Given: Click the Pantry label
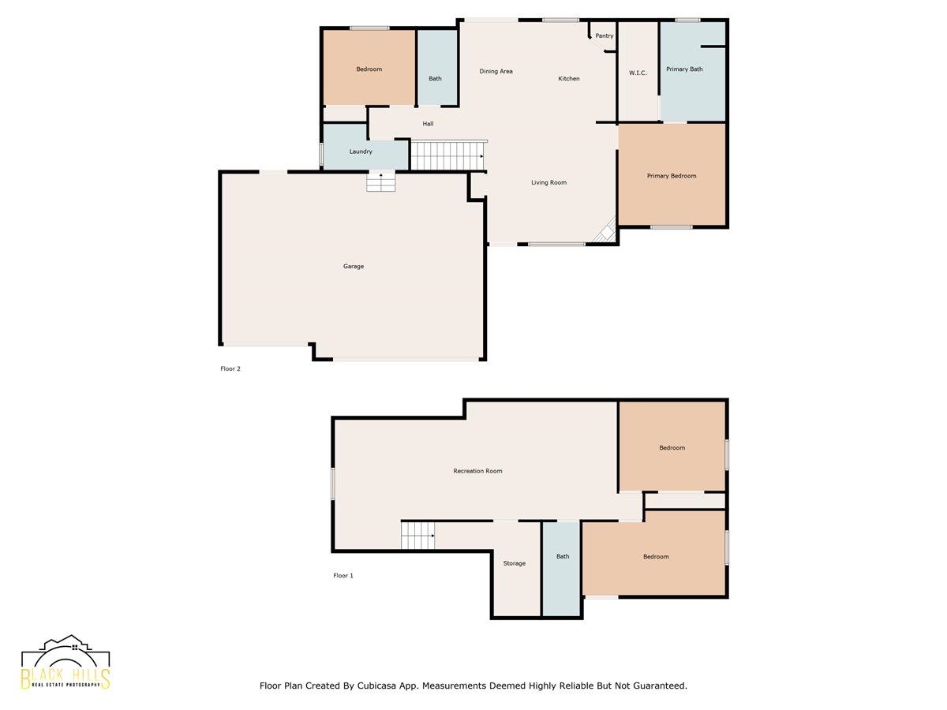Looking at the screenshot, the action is pyautogui.click(x=604, y=35).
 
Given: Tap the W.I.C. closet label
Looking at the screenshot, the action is pyautogui.click(x=638, y=73).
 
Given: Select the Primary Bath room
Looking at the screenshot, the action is pyautogui.click(x=692, y=72).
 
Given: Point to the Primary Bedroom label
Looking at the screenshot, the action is pyautogui.click(x=672, y=176).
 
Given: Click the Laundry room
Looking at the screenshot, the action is pyautogui.click(x=365, y=148).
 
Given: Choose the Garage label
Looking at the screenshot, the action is pyautogui.click(x=354, y=267).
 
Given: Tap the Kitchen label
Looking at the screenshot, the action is pyautogui.click(x=569, y=78).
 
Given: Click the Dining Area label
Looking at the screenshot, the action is pyautogui.click(x=496, y=71).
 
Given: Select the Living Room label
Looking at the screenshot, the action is pyautogui.click(x=548, y=182).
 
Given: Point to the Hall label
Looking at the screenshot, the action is pyautogui.click(x=428, y=124).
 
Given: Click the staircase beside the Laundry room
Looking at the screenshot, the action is pyautogui.click(x=447, y=155).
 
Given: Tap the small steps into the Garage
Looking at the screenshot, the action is pyautogui.click(x=381, y=181).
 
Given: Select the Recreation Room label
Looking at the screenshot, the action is pyautogui.click(x=477, y=471).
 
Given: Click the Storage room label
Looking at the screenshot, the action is pyautogui.click(x=515, y=563).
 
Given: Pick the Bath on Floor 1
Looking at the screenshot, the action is pyautogui.click(x=561, y=569).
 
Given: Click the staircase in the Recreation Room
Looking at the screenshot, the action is pyautogui.click(x=417, y=536).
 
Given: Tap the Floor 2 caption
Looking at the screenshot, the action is pyautogui.click(x=230, y=368).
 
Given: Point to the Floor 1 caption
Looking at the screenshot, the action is pyautogui.click(x=343, y=575).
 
